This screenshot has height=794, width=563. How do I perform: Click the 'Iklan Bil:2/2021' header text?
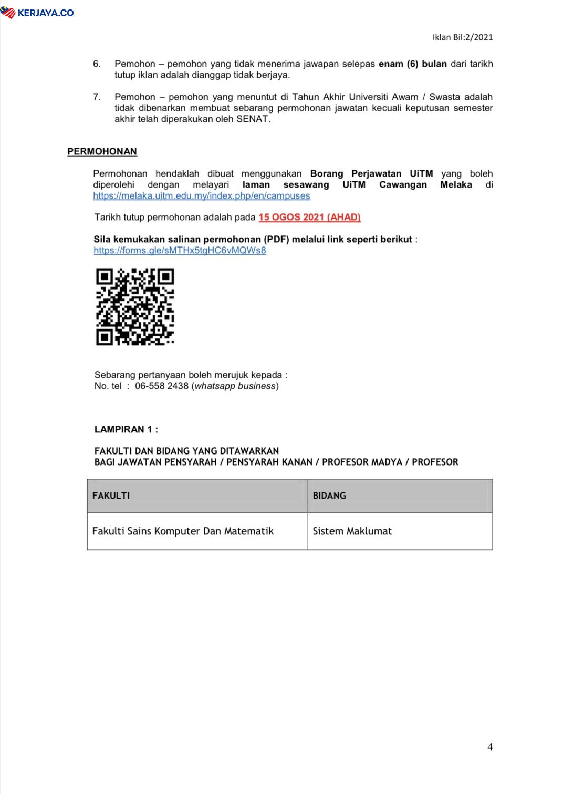[462, 37]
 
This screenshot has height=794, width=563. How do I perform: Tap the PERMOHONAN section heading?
[102, 151]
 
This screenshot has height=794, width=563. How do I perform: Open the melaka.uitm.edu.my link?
[202, 195]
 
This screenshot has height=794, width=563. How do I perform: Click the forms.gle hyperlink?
[180, 250]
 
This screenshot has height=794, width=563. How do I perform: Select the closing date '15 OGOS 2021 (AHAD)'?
[309, 217]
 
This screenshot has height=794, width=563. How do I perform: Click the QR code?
[135, 307]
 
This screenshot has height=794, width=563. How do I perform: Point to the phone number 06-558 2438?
[161, 386]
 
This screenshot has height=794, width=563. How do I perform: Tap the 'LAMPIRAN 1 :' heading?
[126, 429]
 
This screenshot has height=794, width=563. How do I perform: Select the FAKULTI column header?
[111, 496]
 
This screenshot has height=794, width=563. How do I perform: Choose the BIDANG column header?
[329, 496]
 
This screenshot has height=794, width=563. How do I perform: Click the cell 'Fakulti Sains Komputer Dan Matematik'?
[183, 531]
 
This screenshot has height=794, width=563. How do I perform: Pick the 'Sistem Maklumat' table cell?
[352, 531]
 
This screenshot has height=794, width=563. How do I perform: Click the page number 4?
[490, 747]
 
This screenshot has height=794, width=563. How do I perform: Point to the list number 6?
[97, 64]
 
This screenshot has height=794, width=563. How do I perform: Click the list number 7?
[97, 97]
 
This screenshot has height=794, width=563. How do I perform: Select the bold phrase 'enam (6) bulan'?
[412, 64]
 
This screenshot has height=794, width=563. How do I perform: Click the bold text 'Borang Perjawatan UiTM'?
[371, 173]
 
